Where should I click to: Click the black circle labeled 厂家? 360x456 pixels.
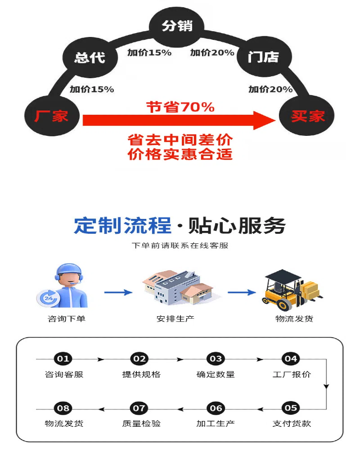(x=51, y=116)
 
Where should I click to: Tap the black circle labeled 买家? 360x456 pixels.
(x=307, y=116)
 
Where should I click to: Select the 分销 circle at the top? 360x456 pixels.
(x=177, y=26)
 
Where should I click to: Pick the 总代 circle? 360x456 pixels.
(x=90, y=58)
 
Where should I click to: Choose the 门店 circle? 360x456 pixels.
(x=263, y=58)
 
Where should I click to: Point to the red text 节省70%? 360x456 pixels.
(x=180, y=107)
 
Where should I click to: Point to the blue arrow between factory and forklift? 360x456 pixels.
(x=242, y=292)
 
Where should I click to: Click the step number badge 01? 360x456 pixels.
(x=63, y=359)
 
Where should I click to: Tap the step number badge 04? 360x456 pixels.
(x=291, y=359)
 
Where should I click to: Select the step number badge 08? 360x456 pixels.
(x=63, y=408)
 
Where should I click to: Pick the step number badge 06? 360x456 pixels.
(x=216, y=408)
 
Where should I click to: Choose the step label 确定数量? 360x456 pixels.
(x=216, y=374)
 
